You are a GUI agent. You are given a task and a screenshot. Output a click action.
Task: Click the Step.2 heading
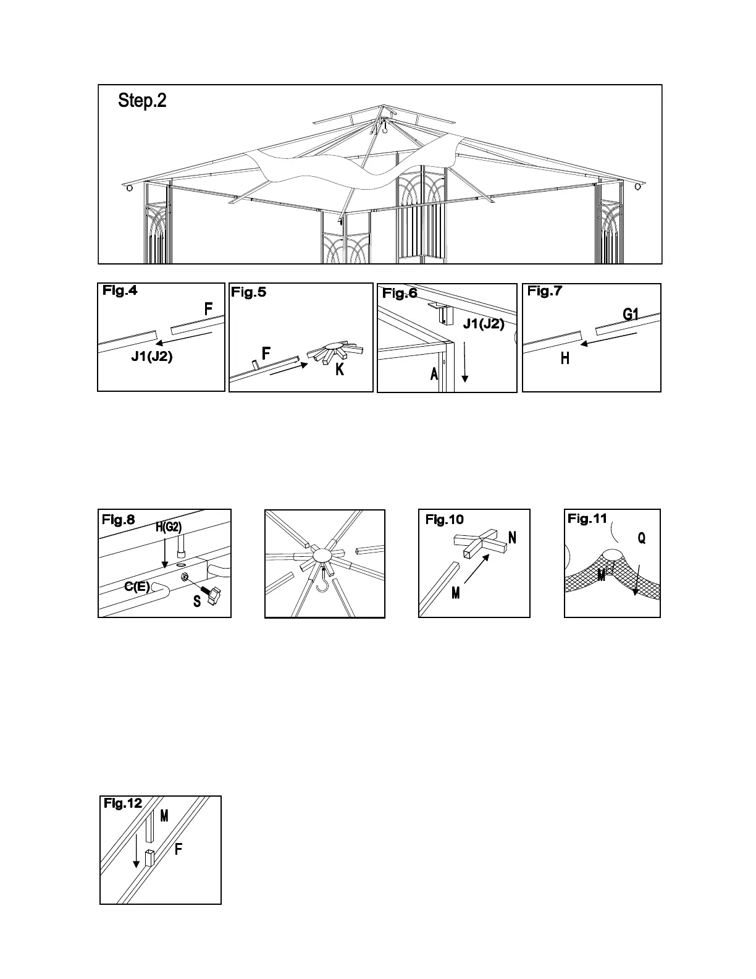pos(142,101)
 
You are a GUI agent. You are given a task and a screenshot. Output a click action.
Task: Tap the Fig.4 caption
pos(120,291)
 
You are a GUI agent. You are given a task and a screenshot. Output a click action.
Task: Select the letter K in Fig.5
pos(340,370)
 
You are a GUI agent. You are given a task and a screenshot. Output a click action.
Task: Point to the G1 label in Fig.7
pos(630,315)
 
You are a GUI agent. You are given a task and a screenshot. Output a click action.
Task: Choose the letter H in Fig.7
pos(565,358)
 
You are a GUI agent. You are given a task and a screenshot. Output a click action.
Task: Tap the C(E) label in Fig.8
pos(136,587)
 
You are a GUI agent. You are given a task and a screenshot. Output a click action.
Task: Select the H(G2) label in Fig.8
pos(167,527)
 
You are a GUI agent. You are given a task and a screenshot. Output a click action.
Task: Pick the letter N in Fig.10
pos(512,537)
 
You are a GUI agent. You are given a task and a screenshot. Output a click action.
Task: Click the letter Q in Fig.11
pos(642,538)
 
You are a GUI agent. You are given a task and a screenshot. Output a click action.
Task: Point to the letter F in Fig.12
pos(178,849)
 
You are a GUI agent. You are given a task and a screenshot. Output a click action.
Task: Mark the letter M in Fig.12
pos(164,816)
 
